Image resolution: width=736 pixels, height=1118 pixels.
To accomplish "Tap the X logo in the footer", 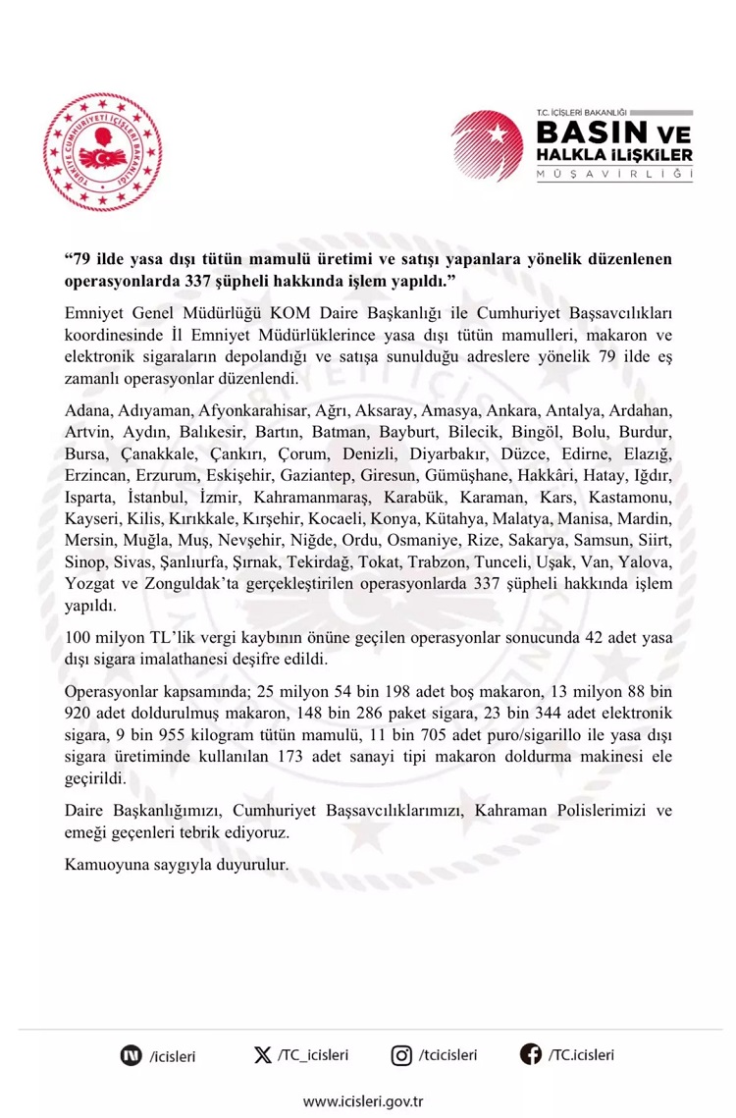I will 262,1055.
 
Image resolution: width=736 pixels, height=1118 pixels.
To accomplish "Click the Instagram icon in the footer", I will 401,1055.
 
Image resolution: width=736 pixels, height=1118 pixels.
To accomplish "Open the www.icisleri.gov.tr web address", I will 368,1101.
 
